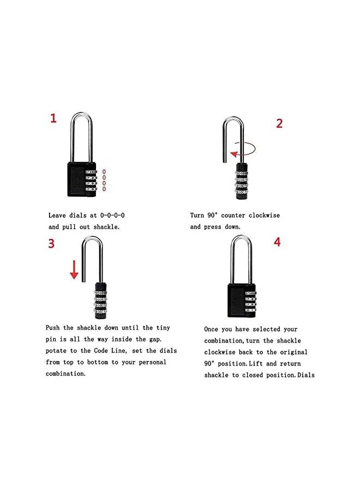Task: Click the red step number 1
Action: click(53, 118)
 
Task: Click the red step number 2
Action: click(279, 123)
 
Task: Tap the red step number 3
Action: click(51, 243)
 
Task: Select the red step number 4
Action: click(277, 242)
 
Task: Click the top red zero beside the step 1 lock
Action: click(104, 172)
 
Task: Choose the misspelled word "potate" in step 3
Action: click(56, 351)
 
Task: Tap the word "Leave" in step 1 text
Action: click(58, 215)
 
